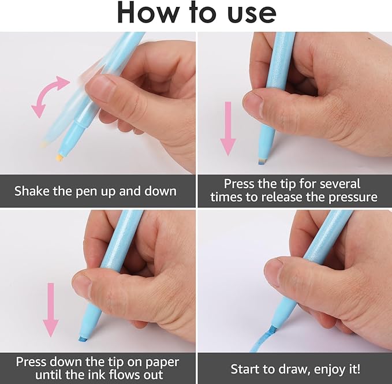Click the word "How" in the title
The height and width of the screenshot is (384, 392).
point(149,13)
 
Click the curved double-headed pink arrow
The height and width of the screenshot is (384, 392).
point(50,96)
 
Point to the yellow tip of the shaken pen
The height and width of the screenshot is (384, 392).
point(59,158)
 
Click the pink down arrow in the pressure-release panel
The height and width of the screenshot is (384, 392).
point(227,129)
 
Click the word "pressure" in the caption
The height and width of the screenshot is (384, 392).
point(353,197)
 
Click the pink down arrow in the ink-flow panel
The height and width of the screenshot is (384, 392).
point(51,310)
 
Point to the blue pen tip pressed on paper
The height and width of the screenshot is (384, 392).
point(83,340)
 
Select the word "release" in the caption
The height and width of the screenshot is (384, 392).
point(282,197)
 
